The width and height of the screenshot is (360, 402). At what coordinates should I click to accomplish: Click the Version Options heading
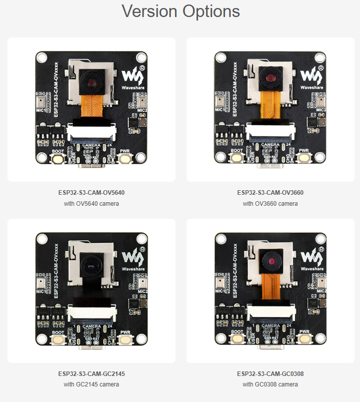(180, 12)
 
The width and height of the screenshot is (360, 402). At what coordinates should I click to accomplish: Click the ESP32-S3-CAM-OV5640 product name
(91, 192)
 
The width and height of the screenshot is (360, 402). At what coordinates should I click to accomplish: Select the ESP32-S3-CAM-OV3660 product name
(270, 192)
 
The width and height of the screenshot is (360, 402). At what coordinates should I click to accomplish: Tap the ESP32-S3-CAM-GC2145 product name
(91, 373)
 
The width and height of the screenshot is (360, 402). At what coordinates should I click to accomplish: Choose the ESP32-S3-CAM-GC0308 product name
(270, 373)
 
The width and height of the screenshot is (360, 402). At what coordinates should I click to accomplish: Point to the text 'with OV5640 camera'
(91, 204)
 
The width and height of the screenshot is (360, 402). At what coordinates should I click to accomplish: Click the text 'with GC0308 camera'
(270, 384)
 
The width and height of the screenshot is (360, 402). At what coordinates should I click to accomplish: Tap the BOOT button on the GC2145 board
(56, 340)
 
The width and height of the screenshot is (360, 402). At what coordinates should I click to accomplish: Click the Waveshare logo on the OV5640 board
(132, 76)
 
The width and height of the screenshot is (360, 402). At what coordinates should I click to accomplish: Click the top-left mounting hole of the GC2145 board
(41, 239)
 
